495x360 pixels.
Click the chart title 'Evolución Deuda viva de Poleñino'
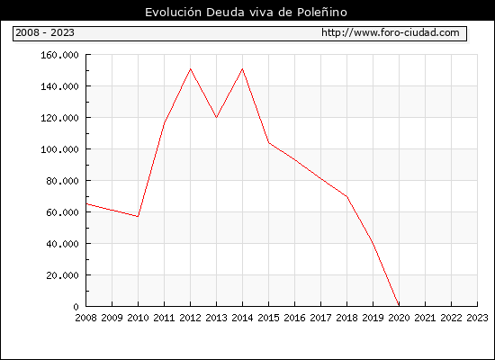246,13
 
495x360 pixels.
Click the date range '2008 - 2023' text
45,32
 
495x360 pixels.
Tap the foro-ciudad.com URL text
391,32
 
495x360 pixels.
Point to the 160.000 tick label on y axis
59,55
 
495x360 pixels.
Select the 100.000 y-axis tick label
59,149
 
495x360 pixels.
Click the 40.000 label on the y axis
62,244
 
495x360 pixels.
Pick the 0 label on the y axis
76,307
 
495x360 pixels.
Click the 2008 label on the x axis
85,318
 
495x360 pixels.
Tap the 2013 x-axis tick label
216,318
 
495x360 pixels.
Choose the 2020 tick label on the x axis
399,318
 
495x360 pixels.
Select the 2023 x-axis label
477,318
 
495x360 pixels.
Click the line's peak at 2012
191,68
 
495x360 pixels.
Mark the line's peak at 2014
242,68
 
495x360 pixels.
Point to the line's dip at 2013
216,118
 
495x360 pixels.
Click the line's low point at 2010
138,217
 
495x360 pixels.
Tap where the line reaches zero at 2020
399,306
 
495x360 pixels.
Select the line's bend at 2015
269,143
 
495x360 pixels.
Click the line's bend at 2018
346,196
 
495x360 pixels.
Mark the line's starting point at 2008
86,204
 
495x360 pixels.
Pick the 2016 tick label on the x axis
294,318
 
